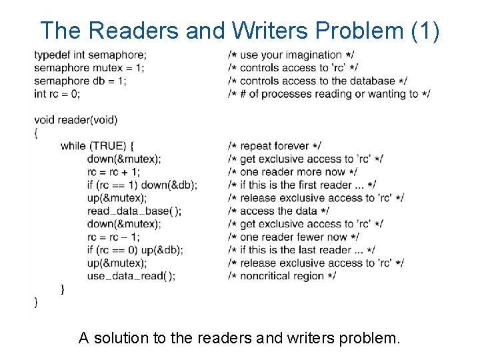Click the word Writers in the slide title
click(x=273, y=31)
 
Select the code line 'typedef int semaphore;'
click(x=90, y=55)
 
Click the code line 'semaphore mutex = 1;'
click(x=89, y=67)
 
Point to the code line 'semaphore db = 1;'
click(x=80, y=81)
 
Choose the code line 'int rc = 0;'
click(x=57, y=93)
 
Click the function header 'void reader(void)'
click(x=75, y=120)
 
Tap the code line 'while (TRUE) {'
click(x=98, y=146)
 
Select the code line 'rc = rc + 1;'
click(x=113, y=172)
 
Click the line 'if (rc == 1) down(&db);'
click(x=141, y=185)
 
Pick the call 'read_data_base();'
click(x=134, y=211)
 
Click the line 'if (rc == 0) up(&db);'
click(x=135, y=250)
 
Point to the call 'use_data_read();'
click(x=131, y=276)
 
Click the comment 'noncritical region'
click(x=282, y=276)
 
